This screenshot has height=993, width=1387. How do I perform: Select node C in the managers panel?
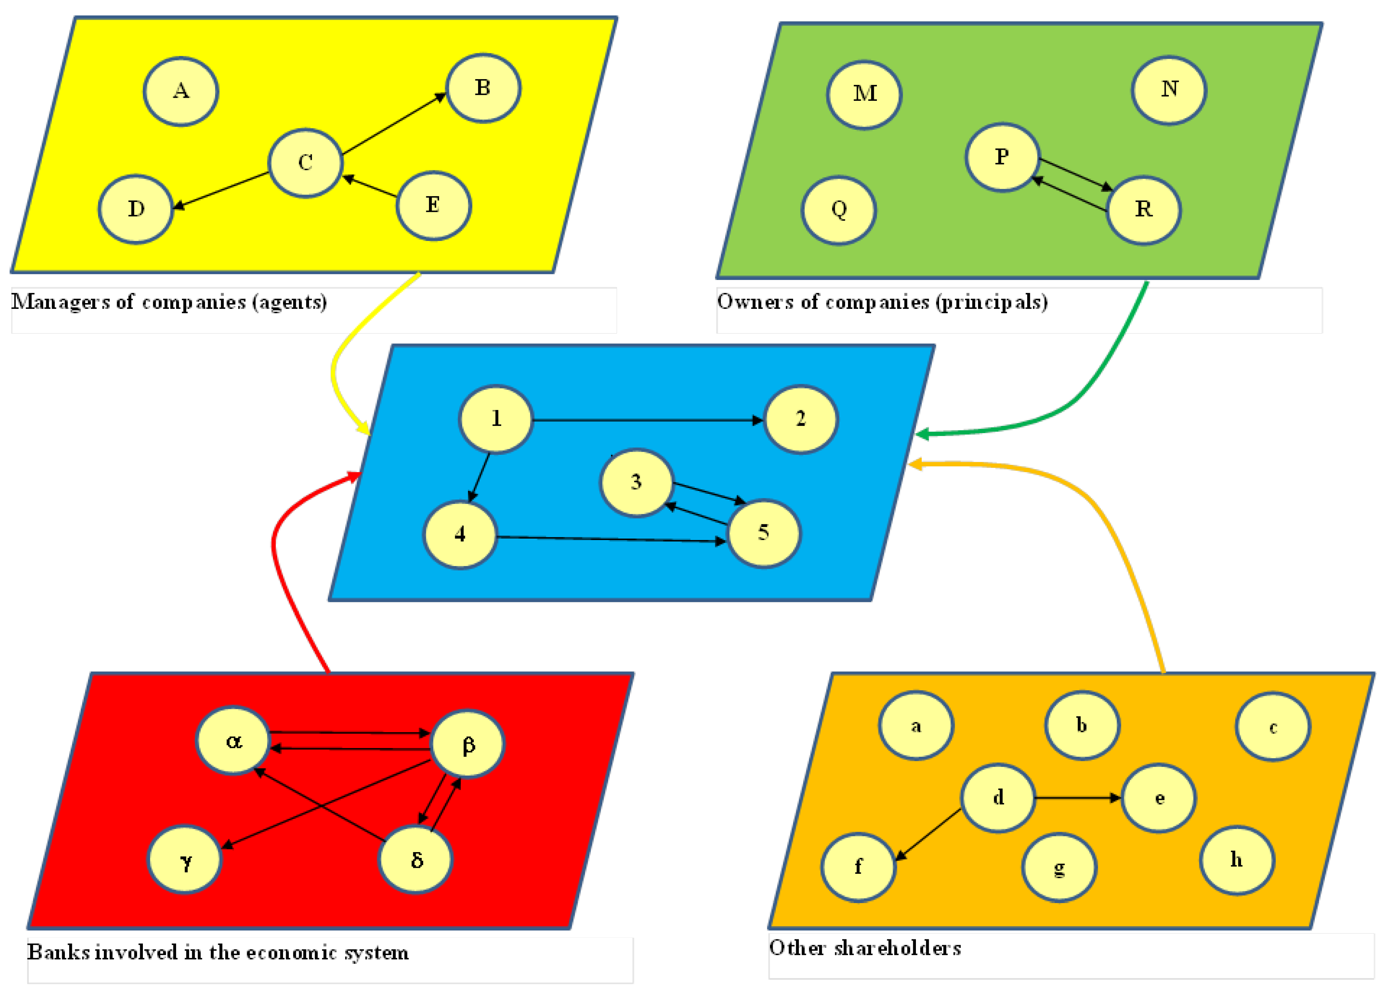[305, 163]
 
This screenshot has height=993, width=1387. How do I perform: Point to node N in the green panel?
[1169, 90]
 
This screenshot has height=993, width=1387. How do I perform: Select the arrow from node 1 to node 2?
[648, 420]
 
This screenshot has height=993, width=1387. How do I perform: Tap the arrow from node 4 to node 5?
[612, 539]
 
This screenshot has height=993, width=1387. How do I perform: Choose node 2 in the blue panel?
[800, 419]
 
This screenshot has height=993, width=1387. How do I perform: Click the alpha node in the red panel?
[233, 741]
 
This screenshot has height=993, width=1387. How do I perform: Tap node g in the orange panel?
[1059, 867]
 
